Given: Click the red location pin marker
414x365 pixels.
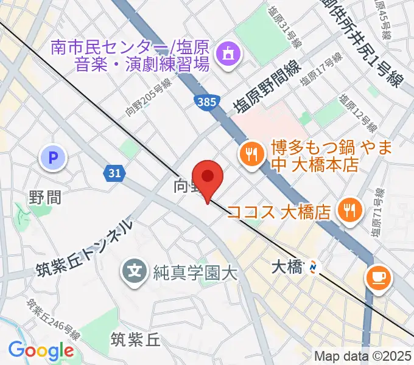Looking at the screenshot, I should click(x=208, y=177).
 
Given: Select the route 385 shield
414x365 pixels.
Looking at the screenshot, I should click(x=206, y=102).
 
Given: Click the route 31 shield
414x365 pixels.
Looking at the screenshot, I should click(x=114, y=173).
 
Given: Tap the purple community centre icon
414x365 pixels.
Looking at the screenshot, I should click(x=227, y=55).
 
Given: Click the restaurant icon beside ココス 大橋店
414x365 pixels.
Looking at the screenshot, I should click(x=349, y=210).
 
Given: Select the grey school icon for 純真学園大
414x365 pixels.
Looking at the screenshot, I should click(x=134, y=268).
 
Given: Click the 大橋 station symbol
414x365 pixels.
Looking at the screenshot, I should click(x=314, y=266).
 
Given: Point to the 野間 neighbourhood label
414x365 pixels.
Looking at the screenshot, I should click(x=45, y=197).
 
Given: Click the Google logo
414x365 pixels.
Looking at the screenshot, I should click(x=41, y=350).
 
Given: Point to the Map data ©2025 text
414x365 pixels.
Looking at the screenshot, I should click(x=363, y=356).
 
